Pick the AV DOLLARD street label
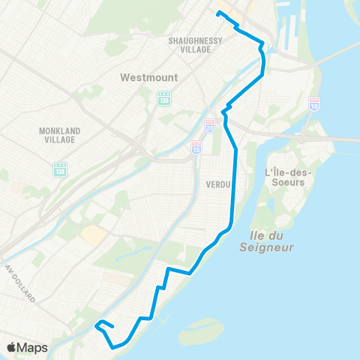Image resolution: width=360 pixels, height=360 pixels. coord(19,283)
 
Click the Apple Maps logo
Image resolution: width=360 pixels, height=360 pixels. coord(27,347)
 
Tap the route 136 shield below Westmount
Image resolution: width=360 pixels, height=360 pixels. coord(164,98)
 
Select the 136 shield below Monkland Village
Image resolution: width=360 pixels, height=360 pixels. coord(60,170)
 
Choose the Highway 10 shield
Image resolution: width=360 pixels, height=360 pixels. coord(314,103)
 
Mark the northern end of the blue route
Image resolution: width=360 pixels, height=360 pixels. coord(218,13)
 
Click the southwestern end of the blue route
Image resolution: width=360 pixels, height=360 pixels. coord(97,327)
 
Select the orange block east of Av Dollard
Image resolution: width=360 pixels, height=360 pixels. coord(94,235)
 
